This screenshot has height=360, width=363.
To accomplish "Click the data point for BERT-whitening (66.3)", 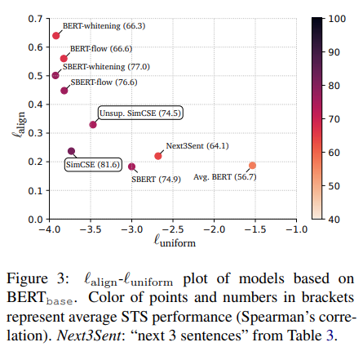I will [56, 35].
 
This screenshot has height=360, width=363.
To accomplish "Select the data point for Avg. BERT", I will [252, 166].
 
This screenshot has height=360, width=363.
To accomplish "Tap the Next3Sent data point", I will [158, 156].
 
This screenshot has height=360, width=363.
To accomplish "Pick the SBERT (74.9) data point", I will [131, 167].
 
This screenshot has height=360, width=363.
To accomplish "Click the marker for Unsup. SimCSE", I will [93, 125].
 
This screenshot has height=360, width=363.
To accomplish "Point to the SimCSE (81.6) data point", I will [71, 152].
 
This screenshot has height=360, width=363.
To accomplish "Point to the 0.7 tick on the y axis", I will [36, 18].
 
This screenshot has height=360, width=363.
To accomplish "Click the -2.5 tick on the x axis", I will [171, 229].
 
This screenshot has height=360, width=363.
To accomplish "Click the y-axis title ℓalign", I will [11, 119].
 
